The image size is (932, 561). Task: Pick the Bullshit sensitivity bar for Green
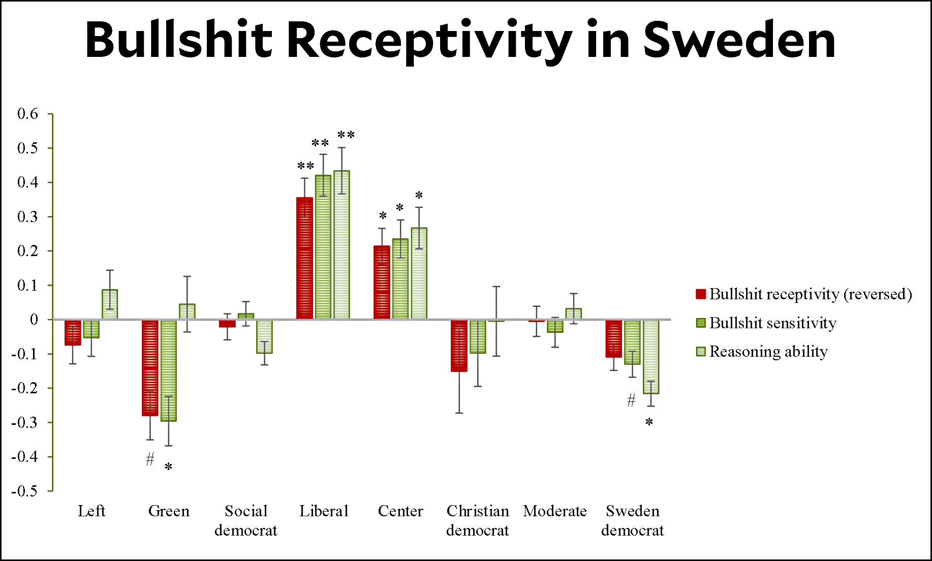169,370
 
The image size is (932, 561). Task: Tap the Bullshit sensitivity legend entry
772,323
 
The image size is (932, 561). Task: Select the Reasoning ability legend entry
768,352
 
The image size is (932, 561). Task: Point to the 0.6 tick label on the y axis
27,114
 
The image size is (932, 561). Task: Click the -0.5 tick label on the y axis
24,491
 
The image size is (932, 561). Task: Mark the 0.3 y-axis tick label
27,217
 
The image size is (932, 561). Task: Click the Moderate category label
555,511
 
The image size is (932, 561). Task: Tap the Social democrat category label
246,520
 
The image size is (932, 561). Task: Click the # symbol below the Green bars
150,459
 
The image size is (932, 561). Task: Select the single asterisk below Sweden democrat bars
649,422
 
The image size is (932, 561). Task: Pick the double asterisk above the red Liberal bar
305,166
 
